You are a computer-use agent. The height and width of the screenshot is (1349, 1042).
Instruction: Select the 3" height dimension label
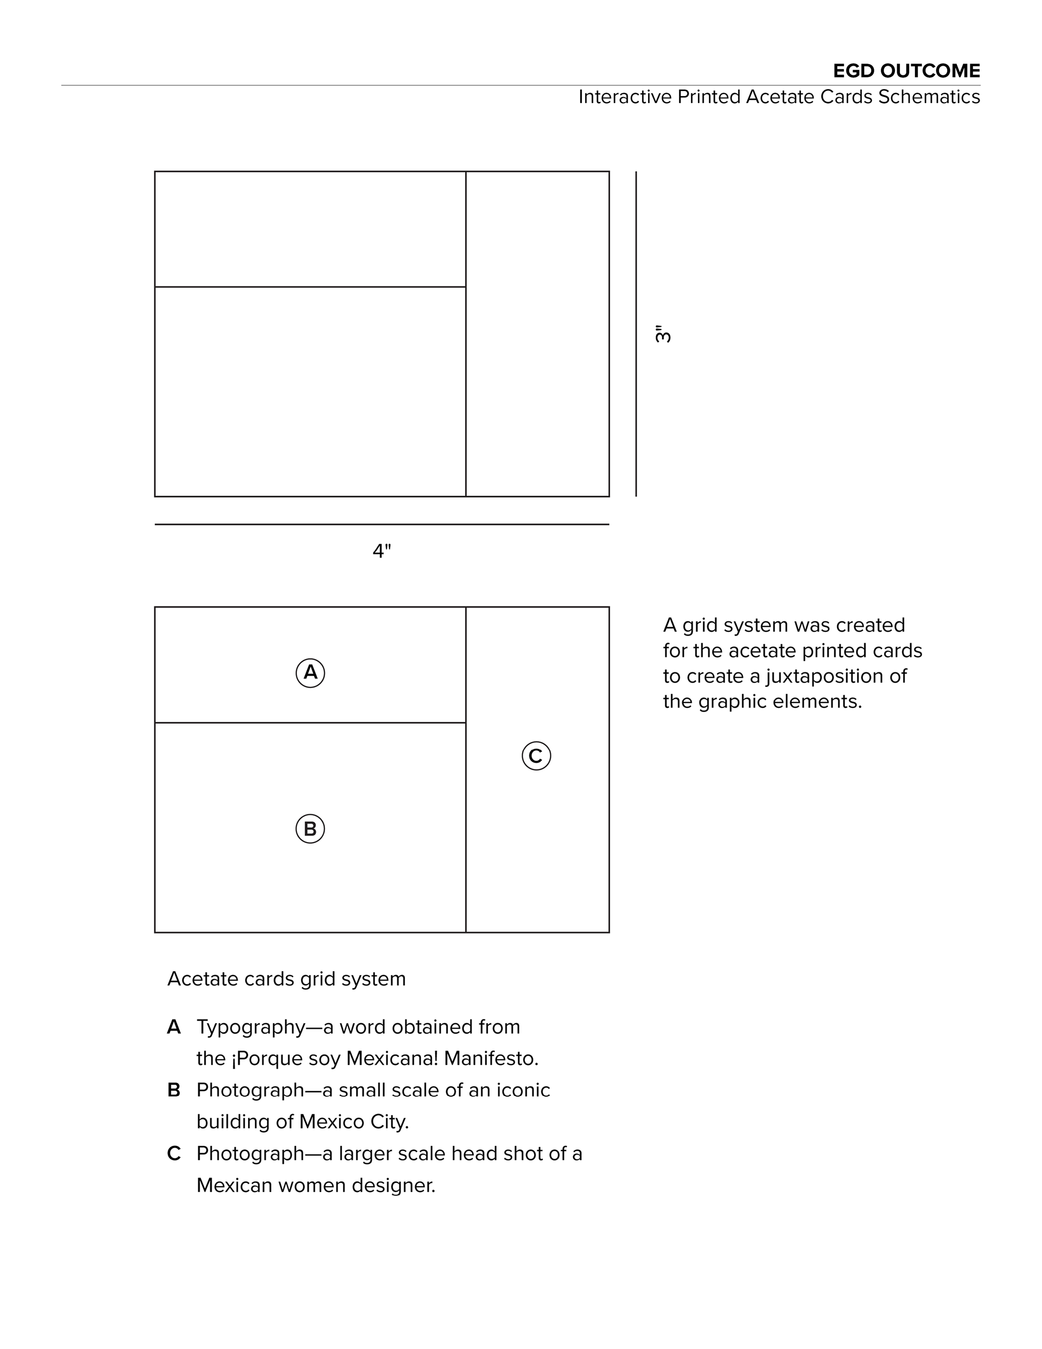pos(663,333)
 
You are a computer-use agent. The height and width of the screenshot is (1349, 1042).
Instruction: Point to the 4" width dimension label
pos(382,551)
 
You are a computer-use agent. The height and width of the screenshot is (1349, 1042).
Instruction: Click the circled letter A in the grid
pos(310,673)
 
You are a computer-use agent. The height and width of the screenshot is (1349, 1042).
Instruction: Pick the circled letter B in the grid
pos(310,829)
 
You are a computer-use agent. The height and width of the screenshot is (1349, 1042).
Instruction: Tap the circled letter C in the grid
pos(536,756)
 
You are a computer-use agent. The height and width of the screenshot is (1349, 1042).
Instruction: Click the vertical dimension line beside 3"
pos(636,333)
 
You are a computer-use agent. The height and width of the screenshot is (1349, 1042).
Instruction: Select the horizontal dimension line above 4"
pos(382,524)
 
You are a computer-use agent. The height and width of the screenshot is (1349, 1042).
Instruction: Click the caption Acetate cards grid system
pos(287,979)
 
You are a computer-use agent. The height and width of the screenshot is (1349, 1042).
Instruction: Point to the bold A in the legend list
pos(174,1027)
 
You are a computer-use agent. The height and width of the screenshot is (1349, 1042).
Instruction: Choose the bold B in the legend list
pos(174,1090)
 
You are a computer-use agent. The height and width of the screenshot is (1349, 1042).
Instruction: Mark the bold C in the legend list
pos(174,1153)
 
